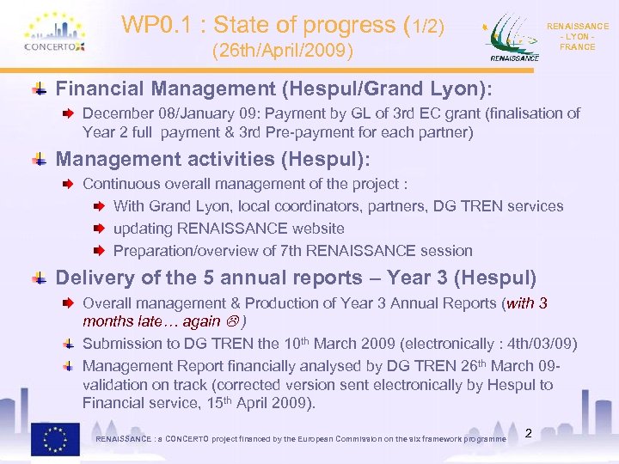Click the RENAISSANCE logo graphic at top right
coord(514,39)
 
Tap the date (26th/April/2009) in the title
coord(283,52)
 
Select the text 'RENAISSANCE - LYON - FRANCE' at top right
coord(577,37)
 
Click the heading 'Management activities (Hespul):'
coord(212,159)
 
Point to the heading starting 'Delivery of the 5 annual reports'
coord(296,278)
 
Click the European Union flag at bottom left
coord(56,439)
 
